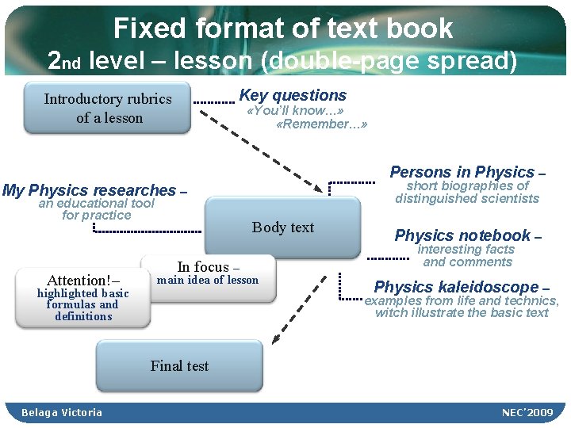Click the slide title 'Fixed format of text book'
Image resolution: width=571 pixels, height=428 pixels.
point(283,29)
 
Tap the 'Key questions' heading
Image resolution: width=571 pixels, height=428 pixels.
point(293,95)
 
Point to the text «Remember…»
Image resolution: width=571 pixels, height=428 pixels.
point(321,124)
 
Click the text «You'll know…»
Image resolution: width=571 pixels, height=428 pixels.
point(294,111)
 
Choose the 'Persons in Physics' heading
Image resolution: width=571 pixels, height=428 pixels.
point(462,172)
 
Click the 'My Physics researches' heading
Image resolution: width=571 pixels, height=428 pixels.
point(89,190)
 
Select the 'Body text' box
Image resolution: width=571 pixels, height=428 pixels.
point(282,227)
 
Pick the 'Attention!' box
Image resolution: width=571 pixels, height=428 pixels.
point(82,297)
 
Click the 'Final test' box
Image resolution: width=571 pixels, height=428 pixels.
point(179,365)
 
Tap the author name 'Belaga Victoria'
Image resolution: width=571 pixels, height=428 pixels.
point(62,412)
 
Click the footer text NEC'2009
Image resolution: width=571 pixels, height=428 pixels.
point(528,412)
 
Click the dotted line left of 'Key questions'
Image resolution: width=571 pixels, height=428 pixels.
point(214,102)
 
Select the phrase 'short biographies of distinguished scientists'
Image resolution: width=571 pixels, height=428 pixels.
point(467,192)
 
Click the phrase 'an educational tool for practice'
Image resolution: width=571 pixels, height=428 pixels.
point(97,209)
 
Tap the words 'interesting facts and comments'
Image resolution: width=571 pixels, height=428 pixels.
point(467,256)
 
